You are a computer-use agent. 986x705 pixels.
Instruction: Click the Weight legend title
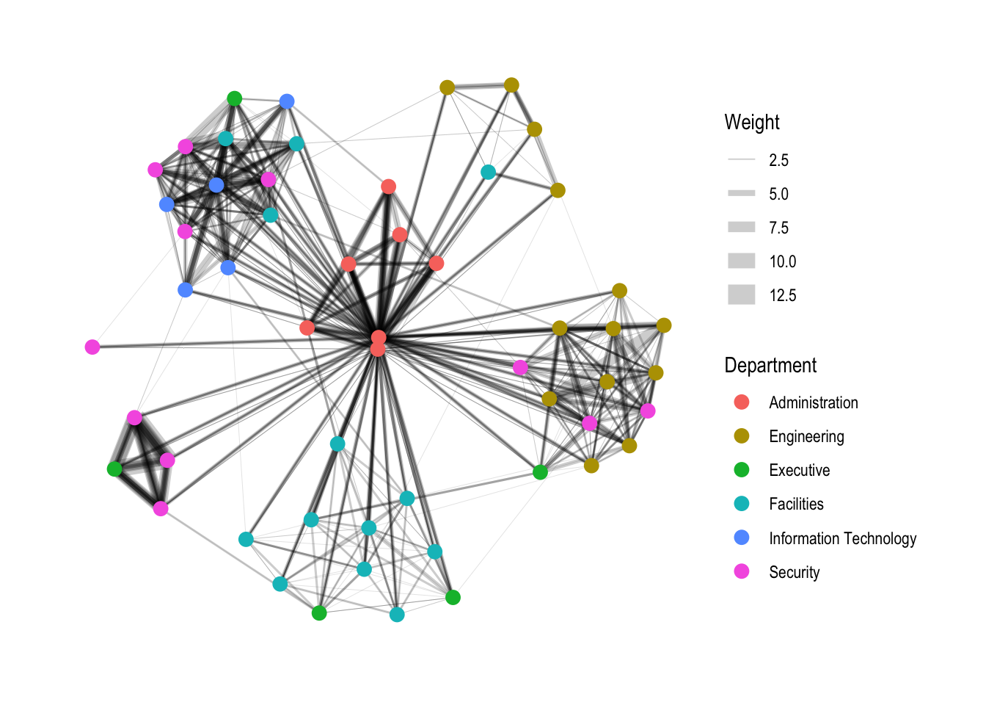point(751,123)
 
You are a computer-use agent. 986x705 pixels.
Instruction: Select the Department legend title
point(770,366)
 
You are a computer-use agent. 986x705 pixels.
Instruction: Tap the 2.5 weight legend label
point(778,161)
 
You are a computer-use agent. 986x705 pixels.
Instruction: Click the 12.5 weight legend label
point(782,296)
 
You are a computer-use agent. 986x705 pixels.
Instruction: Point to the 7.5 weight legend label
point(778,228)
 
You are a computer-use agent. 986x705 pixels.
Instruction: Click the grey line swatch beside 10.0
point(741,261)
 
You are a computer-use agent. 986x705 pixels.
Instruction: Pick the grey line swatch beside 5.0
point(741,194)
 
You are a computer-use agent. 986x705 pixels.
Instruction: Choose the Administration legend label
point(813,403)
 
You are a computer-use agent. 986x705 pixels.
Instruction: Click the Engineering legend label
point(806,437)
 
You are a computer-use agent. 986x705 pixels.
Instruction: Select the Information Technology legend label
point(842,539)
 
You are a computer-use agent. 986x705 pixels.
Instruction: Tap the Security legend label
point(794,573)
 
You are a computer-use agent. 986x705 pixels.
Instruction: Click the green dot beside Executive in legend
point(742,470)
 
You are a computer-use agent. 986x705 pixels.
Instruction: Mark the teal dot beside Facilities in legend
point(742,504)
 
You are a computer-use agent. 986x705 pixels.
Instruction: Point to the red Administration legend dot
point(742,402)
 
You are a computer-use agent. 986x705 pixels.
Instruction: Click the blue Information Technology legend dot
point(742,538)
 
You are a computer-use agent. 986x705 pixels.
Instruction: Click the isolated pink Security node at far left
point(92,347)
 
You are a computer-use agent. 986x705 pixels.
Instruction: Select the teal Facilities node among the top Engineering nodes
point(488,172)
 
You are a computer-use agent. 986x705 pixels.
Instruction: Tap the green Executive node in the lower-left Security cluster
point(114,469)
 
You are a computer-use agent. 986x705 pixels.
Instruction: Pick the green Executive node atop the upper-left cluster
point(234,98)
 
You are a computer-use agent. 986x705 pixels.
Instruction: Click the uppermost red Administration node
point(389,187)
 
